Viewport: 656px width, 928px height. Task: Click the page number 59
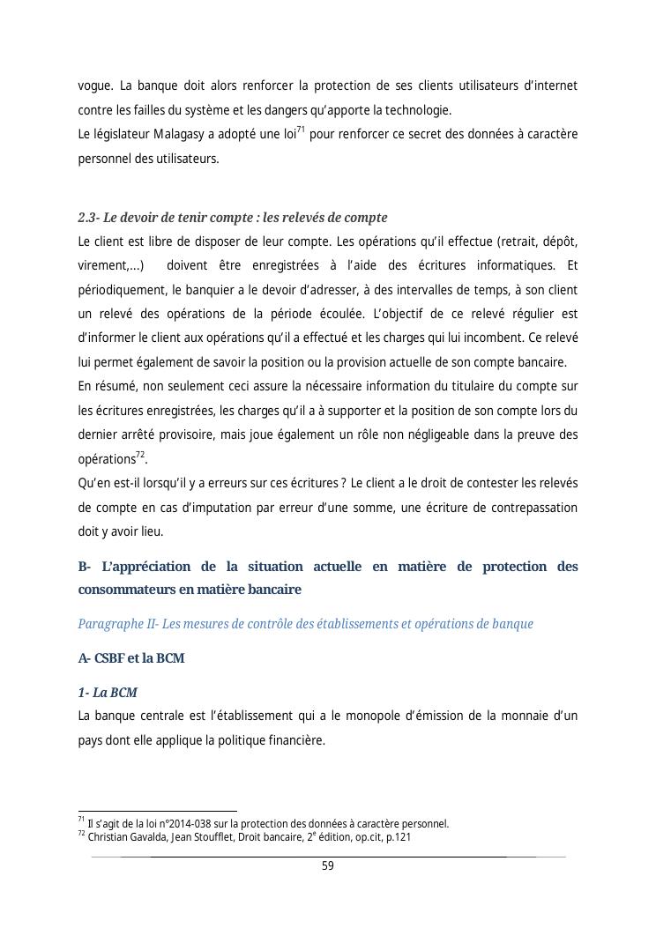click(328, 865)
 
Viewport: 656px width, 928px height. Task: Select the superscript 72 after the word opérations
click(139, 454)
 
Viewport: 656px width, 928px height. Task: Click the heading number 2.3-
click(88, 218)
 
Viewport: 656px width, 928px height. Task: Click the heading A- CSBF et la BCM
click(131, 658)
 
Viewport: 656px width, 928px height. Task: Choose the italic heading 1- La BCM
click(108, 693)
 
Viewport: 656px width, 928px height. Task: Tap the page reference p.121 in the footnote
click(397, 837)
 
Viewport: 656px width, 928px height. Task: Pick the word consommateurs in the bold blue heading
click(130, 589)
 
